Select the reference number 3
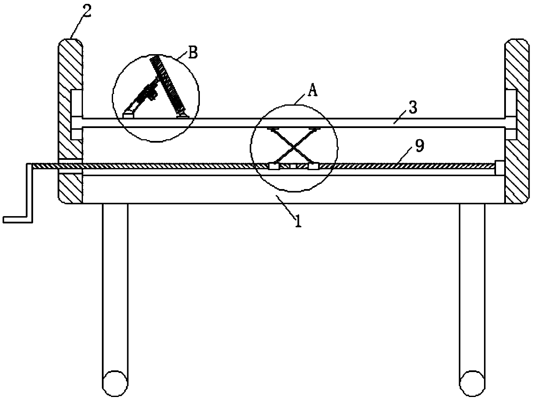pos(412,108)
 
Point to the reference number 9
pos(420,146)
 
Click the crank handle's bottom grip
pos(17,219)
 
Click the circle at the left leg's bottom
pos(115,381)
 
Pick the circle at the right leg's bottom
pos(472,381)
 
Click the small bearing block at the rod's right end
pos(500,168)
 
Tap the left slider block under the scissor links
pos(274,166)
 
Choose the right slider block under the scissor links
pos(313,166)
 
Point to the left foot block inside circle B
pos(128,114)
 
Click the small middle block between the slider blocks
pos(294,166)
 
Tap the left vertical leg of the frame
pos(115,288)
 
